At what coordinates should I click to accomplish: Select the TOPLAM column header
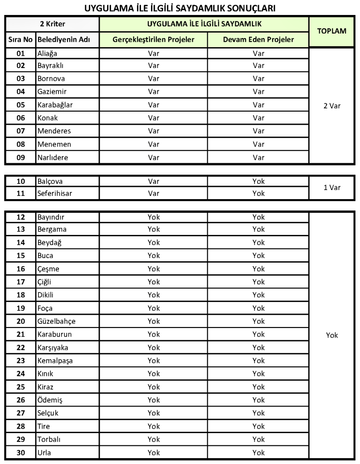(331, 31)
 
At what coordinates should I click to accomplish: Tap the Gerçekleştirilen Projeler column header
(154, 39)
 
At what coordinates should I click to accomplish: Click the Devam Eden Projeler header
(258, 39)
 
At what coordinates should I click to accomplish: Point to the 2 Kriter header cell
(52, 23)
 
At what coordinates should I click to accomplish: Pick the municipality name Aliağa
(48, 53)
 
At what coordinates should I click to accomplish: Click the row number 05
(20, 105)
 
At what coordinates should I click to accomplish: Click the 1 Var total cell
(331, 187)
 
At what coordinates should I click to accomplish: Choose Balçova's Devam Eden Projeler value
(258, 181)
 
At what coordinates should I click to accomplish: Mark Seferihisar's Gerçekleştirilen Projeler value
(154, 193)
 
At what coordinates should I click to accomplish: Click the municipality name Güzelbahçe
(56, 321)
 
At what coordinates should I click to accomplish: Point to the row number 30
(20, 452)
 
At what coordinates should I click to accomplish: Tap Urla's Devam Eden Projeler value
(258, 452)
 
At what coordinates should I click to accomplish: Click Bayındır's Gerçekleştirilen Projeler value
(154, 217)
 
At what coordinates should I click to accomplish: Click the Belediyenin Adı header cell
(63, 39)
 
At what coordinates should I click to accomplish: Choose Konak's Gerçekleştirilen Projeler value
(154, 118)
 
